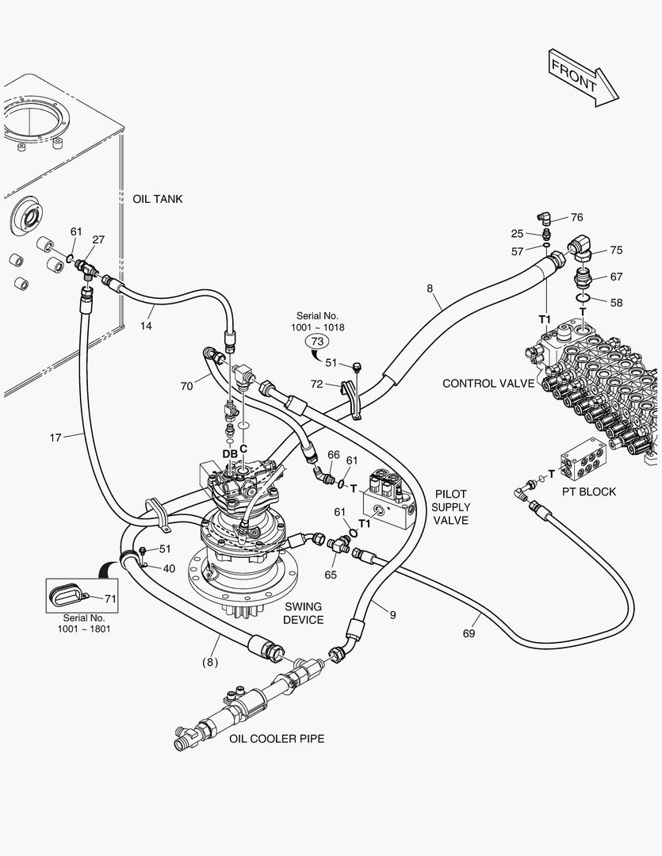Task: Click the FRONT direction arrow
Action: [x=582, y=78]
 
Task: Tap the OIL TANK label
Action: [x=158, y=199]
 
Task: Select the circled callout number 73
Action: [x=317, y=342]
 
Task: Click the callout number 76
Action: [x=577, y=217]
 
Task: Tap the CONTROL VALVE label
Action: [x=488, y=384]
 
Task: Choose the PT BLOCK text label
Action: [x=589, y=492]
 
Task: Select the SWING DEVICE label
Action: [x=304, y=613]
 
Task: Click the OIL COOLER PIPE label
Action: [x=277, y=739]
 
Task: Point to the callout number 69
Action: [x=469, y=633]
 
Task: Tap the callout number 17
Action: [x=55, y=438]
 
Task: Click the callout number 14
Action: [x=146, y=326]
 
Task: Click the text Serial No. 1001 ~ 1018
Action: [x=317, y=322]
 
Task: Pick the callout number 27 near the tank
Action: [x=98, y=239]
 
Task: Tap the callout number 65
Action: [x=331, y=575]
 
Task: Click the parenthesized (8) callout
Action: [x=210, y=662]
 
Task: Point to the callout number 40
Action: [x=170, y=569]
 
